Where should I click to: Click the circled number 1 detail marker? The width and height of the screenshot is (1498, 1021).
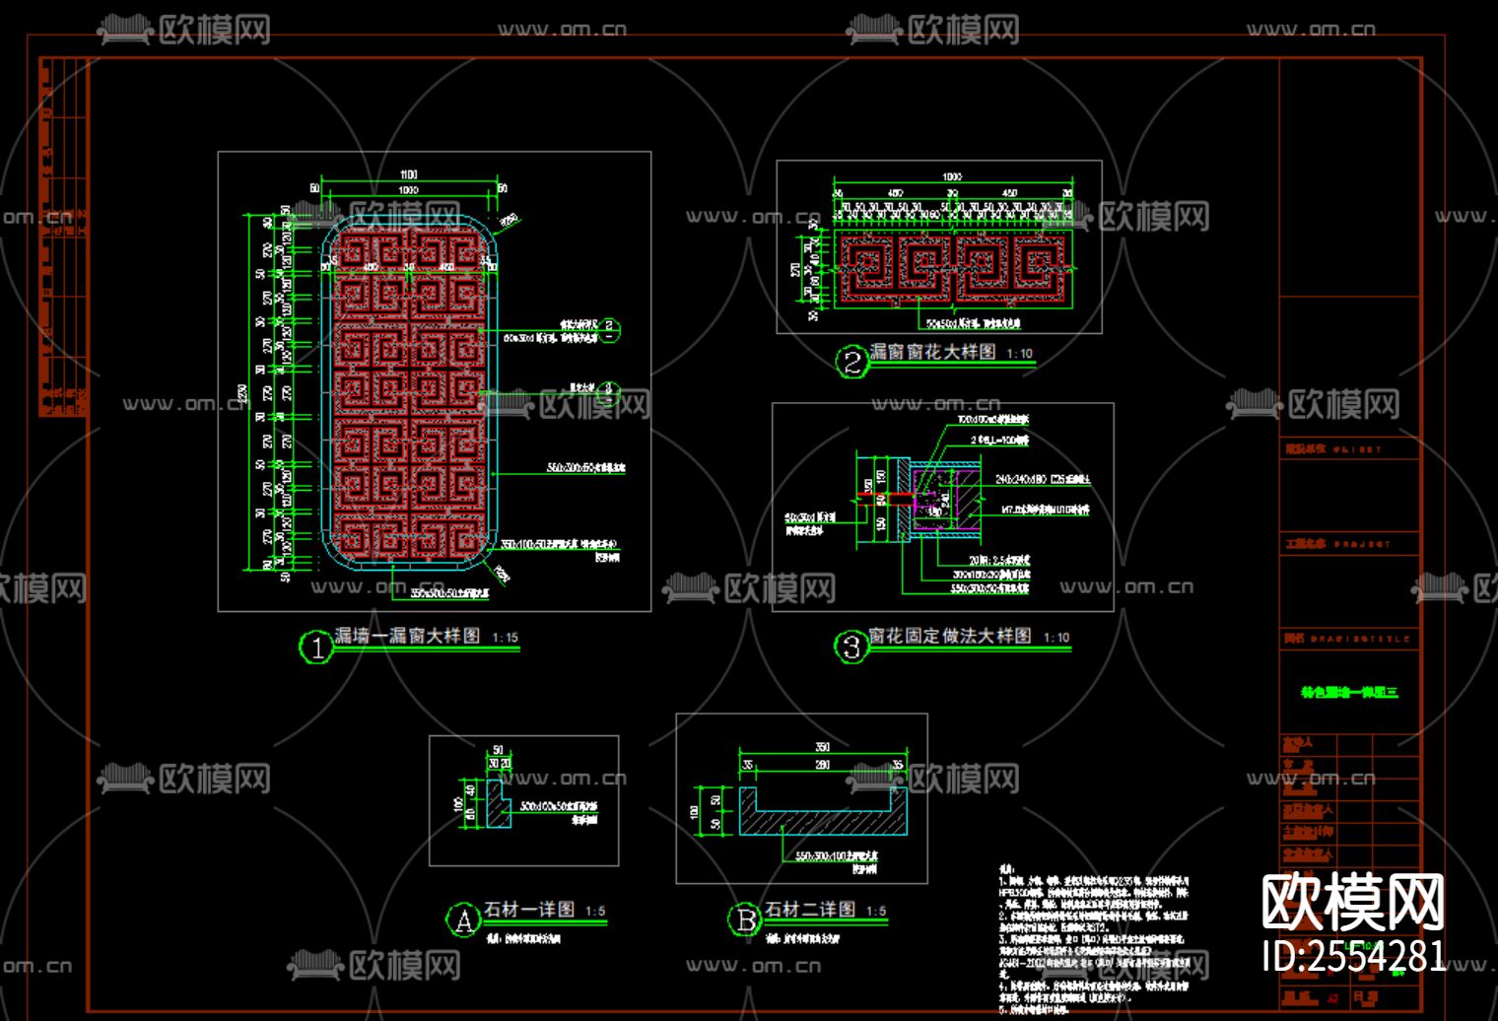[316, 647]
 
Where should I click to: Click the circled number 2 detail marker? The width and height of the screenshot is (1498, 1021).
[852, 363]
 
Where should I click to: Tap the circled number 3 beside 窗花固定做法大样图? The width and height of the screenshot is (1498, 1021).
[851, 647]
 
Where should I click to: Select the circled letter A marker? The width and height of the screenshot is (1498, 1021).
[463, 919]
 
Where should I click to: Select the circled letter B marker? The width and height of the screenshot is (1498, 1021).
[744, 919]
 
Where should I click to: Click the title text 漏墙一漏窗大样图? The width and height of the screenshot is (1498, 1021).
[407, 636]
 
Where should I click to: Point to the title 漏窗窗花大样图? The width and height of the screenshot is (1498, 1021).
[932, 352]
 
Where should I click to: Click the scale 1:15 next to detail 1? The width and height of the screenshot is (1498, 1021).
[505, 638]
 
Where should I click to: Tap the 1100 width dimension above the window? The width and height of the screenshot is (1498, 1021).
[408, 175]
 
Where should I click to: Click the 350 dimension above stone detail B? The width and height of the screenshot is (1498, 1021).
[822, 747]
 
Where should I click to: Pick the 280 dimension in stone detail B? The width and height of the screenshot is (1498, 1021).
[822, 765]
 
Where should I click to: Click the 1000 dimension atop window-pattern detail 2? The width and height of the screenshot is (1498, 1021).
[951, 177]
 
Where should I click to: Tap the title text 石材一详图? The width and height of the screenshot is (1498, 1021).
[529, 909]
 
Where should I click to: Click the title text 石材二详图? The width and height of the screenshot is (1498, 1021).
[811, 909]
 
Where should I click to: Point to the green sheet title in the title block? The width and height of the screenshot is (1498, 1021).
[1349, 692]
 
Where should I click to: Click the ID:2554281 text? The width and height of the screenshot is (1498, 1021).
[1354, 956]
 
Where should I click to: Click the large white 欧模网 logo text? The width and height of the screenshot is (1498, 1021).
[1352, 902]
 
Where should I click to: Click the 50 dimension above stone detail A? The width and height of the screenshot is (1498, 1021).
[498, 751]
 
